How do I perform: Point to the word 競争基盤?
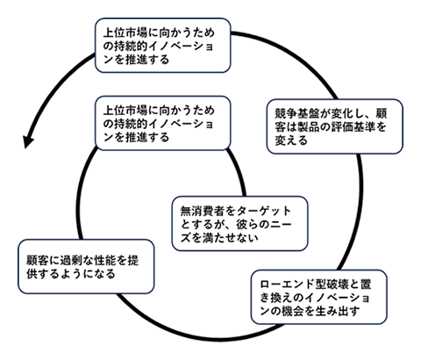pyautogui.click(x=293, y=112)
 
